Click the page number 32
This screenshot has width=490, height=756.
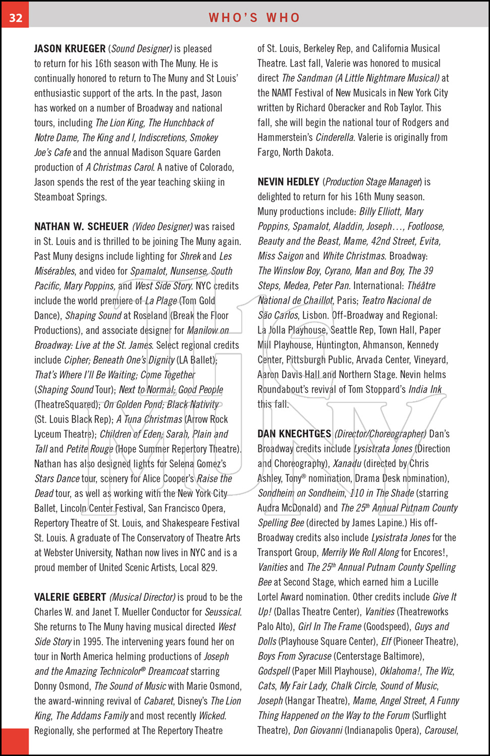(x=16, y=18)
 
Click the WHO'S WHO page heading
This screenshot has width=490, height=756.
(x=254, y=18)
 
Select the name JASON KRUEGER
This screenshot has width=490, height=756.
(x=70, y=49)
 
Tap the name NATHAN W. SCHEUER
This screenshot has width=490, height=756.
(x=81, y=227)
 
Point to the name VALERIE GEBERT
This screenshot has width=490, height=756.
(x=70, y=597)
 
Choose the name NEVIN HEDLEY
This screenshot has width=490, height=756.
(x=288, y=182)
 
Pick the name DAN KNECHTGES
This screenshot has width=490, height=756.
(x=294, y=434)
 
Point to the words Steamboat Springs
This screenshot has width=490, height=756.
(x=70, y=197)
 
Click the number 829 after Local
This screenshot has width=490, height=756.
(x=209, y=568)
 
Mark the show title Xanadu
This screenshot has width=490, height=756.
(x=347, y=464)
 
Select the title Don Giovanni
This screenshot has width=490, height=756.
(x=317, y=730)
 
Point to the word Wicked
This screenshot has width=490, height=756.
(x=212, y=716)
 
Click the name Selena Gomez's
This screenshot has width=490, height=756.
(x=198, y=464)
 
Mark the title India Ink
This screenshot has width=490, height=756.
(x=425, y=390)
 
